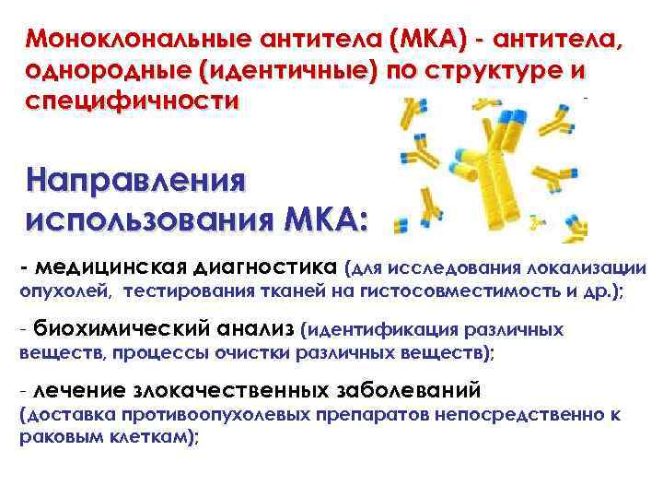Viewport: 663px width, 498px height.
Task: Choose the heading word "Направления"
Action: [137, 181]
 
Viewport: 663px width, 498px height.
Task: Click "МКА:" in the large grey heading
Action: [321, 221]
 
